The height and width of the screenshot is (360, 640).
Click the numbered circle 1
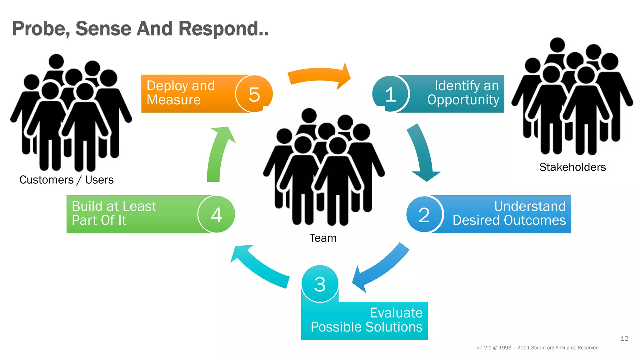tap(391, 94)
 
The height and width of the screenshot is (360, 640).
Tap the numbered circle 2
tap(424, 215)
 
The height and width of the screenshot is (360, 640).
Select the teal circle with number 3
tap(320, 284)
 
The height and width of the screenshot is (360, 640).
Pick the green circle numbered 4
tap(216, 215)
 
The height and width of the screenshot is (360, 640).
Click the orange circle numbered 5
tap(254, 94)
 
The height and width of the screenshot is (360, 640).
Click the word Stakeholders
tap(572, 167)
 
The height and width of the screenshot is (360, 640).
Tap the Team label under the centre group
tap(323, 238)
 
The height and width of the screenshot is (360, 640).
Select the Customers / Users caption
tap(66, 180)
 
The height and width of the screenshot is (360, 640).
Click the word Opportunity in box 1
tap(463, 100)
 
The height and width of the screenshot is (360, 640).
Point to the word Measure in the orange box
tap(173, 100)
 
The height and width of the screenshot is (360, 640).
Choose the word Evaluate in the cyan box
tap(396, 313)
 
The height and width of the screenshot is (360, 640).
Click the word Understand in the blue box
tap(530, 206)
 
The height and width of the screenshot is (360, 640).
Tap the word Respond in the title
tap(223, 29)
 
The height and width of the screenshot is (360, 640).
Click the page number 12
tap(624, 338)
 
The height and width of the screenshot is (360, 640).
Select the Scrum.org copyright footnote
tap(537, 348)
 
